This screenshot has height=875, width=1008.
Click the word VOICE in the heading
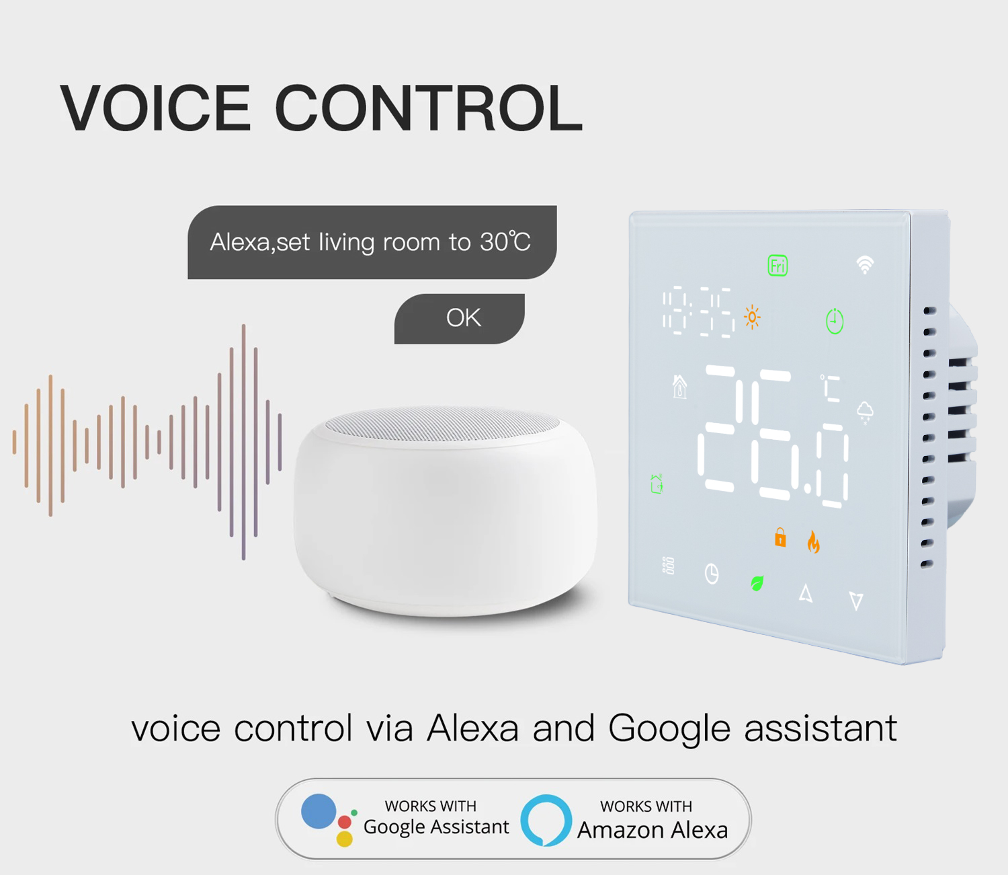pyautogui.click(x=155, y=108)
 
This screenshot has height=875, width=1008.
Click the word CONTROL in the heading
pyautogui.click(x=429, y=108)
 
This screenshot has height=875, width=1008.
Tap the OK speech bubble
pyautogui.click(x=459, y=318)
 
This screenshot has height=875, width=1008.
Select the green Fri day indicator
pyautogui.click(x=778, y=266)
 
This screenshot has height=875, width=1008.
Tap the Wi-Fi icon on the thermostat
pyautogui.click(x=865, y=265)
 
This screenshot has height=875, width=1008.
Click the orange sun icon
pyautogui.click(x=752, y=317)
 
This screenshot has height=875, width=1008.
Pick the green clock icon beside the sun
pyautogui.click(x=835, y=321)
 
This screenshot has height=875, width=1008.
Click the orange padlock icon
pyautogui.click(x=780, y=537)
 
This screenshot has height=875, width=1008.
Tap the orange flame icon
pyautogui.click(x=813, y=542)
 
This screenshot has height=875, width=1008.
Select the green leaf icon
pyautogui.click(x=757, y=583)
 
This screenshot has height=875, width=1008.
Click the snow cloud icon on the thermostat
pyautogui.click(x=865, y=412)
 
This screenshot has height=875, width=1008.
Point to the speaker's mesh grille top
pyautogui.click(x=442, y=423)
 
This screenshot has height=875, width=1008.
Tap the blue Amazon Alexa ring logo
pyautogui.click(x=546, y=821)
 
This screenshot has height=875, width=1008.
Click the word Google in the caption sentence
pyautogui.click(x=669, y=729)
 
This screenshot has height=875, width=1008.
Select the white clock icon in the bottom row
pyautogui.click(x=712, y=574)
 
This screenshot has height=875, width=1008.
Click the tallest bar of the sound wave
pyautogui.click(x=243, y=442)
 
